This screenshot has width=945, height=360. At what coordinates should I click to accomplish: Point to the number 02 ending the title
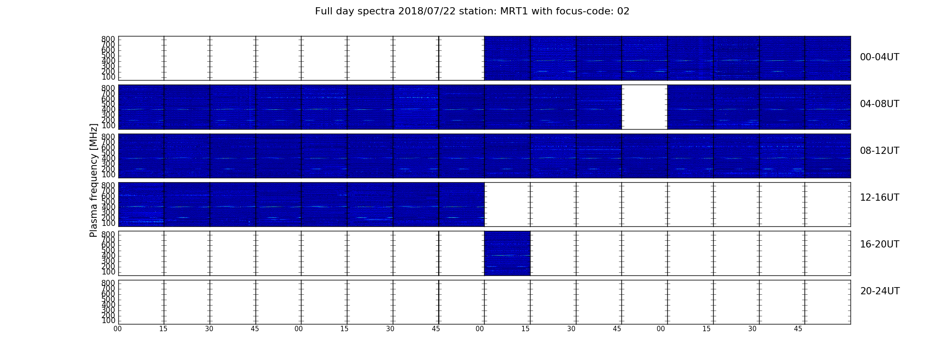pyautogui.click(x=623, y=11)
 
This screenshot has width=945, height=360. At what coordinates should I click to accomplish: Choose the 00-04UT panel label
pyautogui.click(x=880, y=57)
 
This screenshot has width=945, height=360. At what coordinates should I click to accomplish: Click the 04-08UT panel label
pyautogui.click(x=880, y=104)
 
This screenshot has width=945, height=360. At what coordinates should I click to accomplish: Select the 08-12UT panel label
pyautogui.click(x=880, y=151)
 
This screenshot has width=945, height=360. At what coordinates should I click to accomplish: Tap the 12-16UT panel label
pyautogui.click(x=880, y=198)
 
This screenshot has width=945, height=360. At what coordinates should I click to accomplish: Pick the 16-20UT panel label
pyautogui.click(x=880, y=244)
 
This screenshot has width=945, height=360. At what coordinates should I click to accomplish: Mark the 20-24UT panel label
pyautogui.click(x=880, y=291)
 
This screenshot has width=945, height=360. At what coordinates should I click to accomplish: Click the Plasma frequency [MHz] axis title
pyautogui.click(x=94, y=180)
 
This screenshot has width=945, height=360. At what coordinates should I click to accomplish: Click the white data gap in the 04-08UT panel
pyautogui.click(x=644, y=107)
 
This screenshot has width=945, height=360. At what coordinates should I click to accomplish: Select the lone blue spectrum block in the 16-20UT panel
pyautogui.click(x=507, y=253)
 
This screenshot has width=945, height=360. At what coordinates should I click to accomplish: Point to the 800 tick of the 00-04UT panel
pyautogui.click(x=108, y=39)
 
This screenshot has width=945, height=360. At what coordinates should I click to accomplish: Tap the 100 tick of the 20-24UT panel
pyautogui.click(x=108, y=321)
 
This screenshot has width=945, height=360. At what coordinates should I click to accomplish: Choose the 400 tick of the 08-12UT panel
pyautogui.click(x=108, y=158)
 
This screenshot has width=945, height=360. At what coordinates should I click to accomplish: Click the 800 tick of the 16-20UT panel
pyautogui.click(x=108, y=234)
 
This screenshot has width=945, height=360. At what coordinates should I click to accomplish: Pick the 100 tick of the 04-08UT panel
pyautogui.click(x=108, y=126)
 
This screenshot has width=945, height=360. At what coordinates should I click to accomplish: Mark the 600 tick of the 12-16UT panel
pyautogui.click(x=108, y=196)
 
